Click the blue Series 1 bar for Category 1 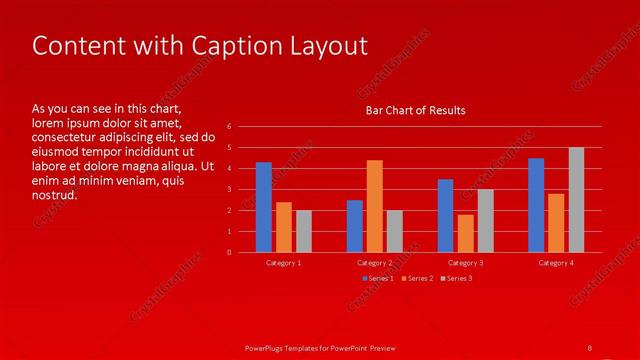(x=264, y=207)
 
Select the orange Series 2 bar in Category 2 (x=374, y=206)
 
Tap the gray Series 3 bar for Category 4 (x=576, y=200)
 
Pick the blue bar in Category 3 (x=445, y=216)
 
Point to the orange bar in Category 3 (x=465, y=233)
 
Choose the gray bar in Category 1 (x=304, y=231)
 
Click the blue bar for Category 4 (x=536, y=205)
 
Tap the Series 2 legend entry (x=418, y=278)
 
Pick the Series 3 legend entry (x=457, y=278)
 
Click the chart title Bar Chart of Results (x=415, y=110)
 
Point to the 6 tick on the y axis (x=230, y=127)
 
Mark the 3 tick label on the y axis (x=230, y=189)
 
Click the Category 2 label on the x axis (x=374, y=263)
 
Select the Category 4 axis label (x=556, y=263)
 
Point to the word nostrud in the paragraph (x=55, y=195)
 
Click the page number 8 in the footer (x=590, y=347)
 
